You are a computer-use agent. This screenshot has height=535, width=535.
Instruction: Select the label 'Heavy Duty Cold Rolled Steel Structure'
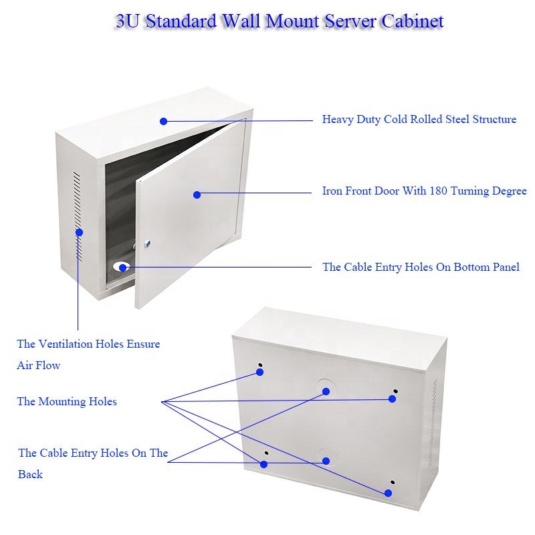pos(419,120)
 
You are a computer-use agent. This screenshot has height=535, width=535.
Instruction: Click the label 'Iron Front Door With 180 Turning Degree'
pos(424,191)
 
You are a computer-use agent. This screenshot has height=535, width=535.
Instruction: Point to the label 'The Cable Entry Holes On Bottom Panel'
pos(421,267)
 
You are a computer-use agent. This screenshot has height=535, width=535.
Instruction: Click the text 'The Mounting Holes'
pos(67,401)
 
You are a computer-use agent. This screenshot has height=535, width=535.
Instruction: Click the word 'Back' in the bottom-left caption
pos(30,474)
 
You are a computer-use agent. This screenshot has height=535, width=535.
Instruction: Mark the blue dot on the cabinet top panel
pos(163,121)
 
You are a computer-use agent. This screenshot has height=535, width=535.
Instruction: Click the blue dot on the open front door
pos(197,195)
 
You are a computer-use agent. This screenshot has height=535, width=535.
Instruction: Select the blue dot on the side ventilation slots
pos(79,232)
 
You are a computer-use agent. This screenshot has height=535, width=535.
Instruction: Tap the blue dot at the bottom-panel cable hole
pos(122,267)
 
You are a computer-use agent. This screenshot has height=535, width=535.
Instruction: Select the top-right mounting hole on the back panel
pos(395,391)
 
